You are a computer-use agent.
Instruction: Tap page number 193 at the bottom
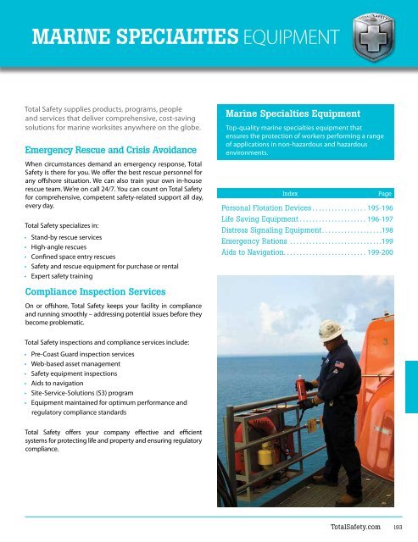click(x=396, y=527)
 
